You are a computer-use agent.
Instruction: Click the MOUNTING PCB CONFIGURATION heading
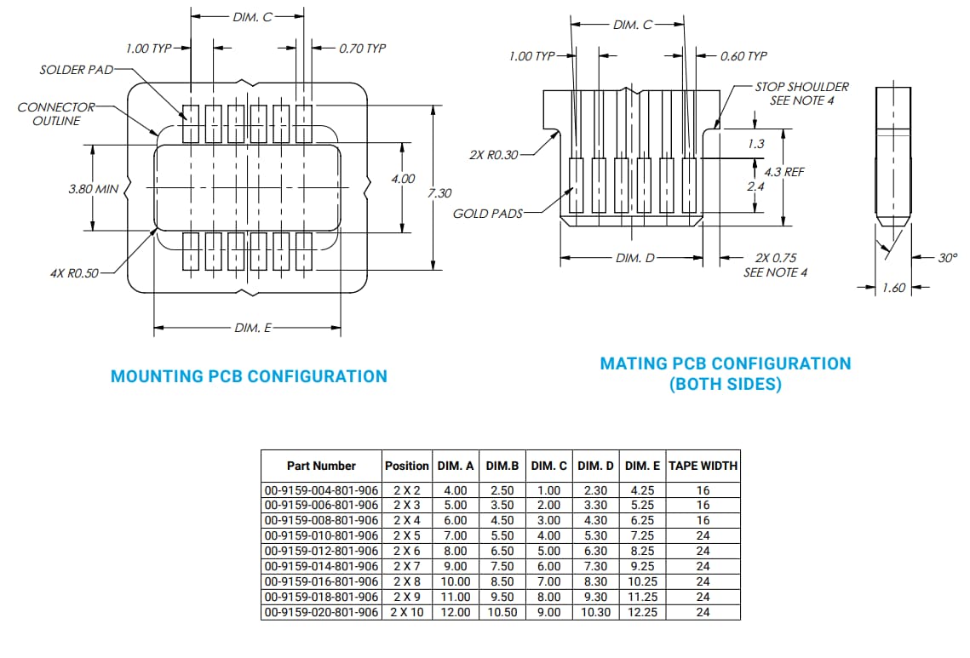[249, 376]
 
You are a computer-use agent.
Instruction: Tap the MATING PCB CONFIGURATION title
[725, 364]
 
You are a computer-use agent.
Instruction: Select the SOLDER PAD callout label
[76, 70]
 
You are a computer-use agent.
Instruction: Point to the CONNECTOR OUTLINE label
[55, 114]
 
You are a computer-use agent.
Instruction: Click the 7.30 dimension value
[439, 193]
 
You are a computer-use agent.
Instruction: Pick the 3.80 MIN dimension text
[93, 189]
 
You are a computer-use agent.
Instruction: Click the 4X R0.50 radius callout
[73, 273]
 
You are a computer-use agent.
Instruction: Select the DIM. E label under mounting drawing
[252, 328]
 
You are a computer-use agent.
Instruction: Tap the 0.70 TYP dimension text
[362, 49]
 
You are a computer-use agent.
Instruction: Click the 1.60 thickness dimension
[893, 288]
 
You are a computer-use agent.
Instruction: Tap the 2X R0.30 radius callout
[494, 156]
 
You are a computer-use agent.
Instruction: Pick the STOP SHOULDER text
[801, 87]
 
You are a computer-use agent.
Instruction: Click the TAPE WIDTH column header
[703, 466]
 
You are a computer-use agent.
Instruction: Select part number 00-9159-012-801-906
[321, 551]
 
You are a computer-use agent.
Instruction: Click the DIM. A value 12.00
[456, 612]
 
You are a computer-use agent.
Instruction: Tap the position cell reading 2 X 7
[407, 566]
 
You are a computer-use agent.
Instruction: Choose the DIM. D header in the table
[595, 466]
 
